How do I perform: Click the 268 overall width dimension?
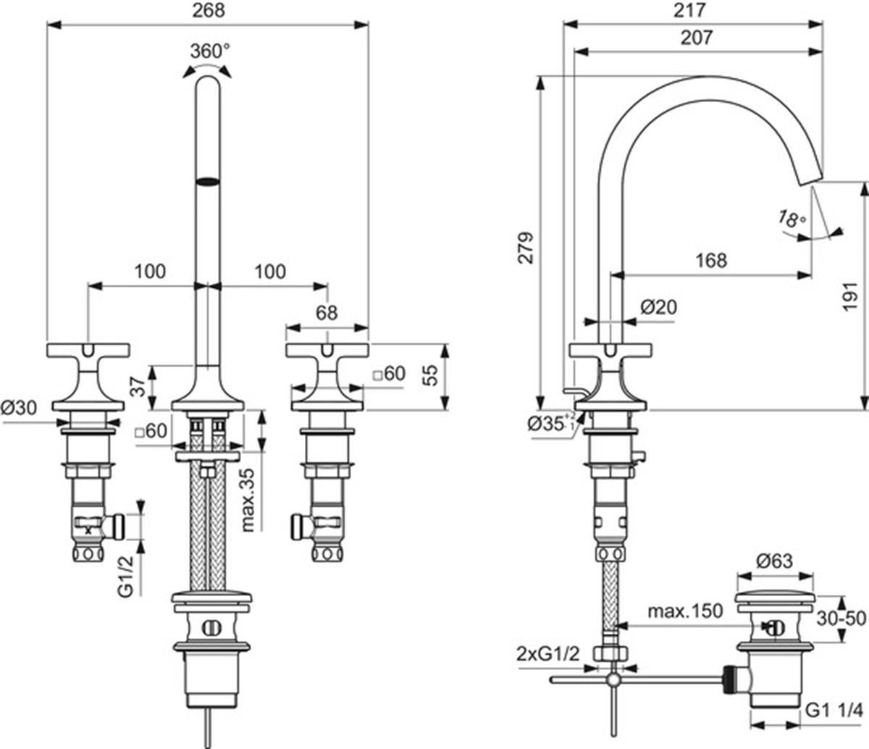point(209,11)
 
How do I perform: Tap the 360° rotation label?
point(210,51)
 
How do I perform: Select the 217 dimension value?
point(689,11)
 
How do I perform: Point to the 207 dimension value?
point(697,38)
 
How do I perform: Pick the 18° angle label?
point(792,219)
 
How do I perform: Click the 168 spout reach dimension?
point(711,261)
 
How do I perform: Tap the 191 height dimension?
point(850,297)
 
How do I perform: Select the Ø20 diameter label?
point(659,308)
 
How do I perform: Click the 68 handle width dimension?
point(327,314)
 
